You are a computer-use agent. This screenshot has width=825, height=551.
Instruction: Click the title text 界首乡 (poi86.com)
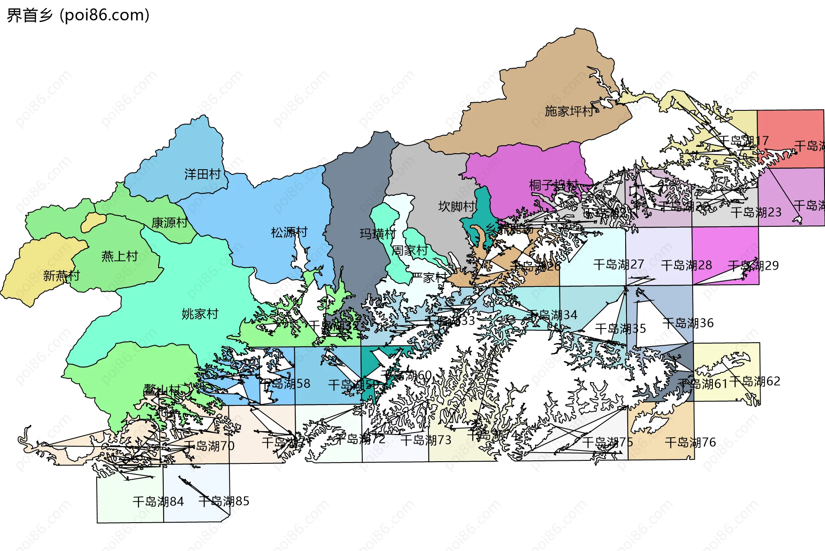pyautogui.click(x=78, y=15)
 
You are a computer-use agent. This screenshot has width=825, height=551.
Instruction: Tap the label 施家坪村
pyautogui.click(x=569, y=111)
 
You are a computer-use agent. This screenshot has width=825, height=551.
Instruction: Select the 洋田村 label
pyautogui.click(x=202, y=174)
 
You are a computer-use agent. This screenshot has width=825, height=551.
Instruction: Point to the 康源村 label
pyautogui.click(x=169, y=222)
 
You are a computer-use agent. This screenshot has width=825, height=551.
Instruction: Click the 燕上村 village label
pyautogui.click(x=119, y=256)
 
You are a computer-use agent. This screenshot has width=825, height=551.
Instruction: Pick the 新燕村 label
pyautogui.click(x=61, y=275)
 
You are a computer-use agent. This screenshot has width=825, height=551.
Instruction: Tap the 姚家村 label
pyautogui.click(x=200, y=314)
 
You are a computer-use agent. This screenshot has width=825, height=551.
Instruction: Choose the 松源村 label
pyautogui.click(x=289, y=232)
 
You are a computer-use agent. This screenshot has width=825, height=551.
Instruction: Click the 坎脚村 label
pyautogui.click(x=456, y=207)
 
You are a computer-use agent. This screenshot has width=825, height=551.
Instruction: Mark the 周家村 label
pyautogui.click(x=409, y=250)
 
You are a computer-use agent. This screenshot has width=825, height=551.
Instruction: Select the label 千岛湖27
pyautogui.click(x=618, y=265)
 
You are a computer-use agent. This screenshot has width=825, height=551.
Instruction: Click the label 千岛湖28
pyautogui.click(x=686, y=265)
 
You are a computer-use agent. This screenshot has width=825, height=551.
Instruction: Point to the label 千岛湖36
pyautogui.click(x=688, y=323)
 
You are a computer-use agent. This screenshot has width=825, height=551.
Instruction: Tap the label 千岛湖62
pyautogui.click(x=755, y=381)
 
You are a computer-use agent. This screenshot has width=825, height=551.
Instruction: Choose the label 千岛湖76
pyautogui.click(x=690, y=442)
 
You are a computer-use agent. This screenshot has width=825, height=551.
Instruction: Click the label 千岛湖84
pyautogui.click(x=158, y=502)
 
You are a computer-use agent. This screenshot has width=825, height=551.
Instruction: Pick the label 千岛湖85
pyautogui.click(x=224, y=501)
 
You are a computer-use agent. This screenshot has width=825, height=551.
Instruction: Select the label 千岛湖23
pyautogui.click(x=756, y=212)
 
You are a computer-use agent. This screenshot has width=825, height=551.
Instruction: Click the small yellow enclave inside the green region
pyautogui.click(x=93, y=222)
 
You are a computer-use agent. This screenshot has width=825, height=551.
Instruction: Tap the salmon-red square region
pyautogui.click(x=791, y=129)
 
